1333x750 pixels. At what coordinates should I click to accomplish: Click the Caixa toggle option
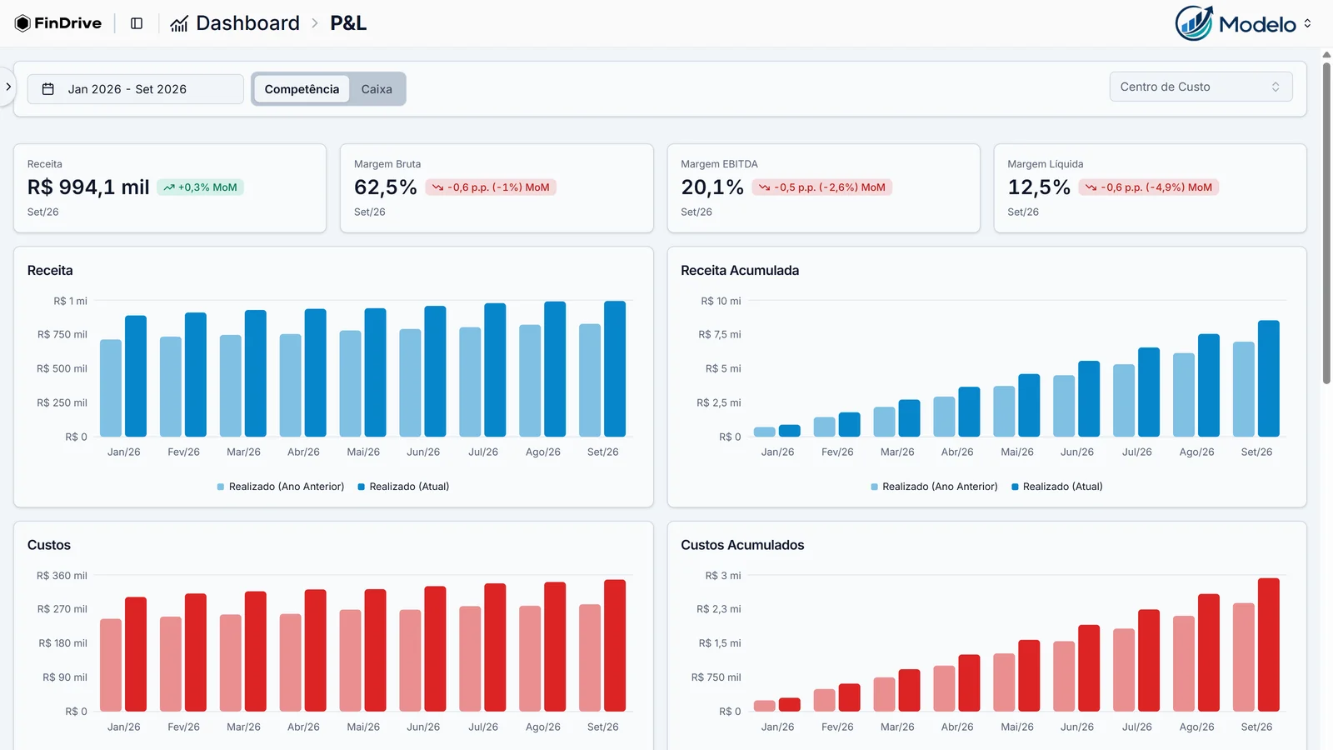pos(376,89)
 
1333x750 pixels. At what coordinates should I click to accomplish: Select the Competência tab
pos(302,89)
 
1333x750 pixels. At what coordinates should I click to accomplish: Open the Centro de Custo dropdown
pos(1201,87)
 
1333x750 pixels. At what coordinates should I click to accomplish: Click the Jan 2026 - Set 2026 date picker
pos(136,89)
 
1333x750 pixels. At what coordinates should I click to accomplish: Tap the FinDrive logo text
pos(67,23)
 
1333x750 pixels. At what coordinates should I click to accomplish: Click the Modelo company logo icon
pos(1194,23)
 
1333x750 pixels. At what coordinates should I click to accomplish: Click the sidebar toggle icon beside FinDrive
pos(137,23)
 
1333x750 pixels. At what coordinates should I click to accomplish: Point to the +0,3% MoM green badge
pos(200,187)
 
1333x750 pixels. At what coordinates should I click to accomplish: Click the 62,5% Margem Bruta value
pos(385,187)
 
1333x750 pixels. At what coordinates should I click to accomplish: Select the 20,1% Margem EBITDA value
pos(712,187)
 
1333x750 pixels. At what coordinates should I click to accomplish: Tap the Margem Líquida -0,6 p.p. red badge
pos(1148,187)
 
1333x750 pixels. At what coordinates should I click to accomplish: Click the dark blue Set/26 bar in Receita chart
pos(615,369)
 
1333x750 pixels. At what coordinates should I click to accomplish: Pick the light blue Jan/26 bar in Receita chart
pos(111,388)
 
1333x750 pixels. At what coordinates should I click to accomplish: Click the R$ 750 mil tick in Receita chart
pos(62,334)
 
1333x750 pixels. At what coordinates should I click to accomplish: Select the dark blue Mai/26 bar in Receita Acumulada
pos(1029,405)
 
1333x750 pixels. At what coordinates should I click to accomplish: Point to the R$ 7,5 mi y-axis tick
pos(720,334)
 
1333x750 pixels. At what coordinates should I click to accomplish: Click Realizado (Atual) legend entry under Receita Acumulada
pos(1057,487)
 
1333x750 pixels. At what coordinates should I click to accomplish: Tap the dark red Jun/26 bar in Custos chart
pos(435,649)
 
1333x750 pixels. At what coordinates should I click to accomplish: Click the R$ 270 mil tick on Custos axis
pos(62,609)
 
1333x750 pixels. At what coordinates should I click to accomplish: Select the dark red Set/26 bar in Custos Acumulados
pos(1269,645)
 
